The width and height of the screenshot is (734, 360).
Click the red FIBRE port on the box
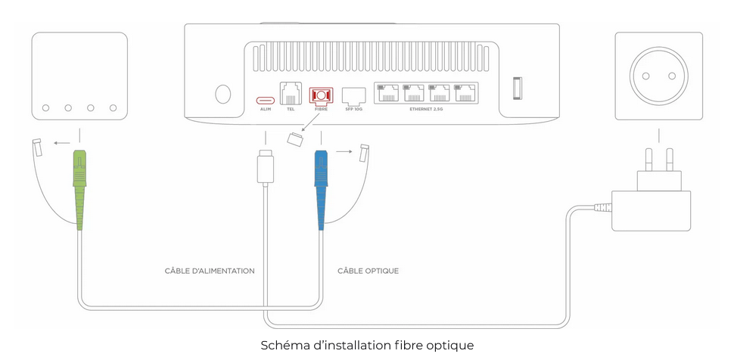point(321,97)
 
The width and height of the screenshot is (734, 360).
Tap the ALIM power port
point(265,99)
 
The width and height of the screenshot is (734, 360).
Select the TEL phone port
point(291,95)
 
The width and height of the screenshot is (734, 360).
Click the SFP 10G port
point(353,95)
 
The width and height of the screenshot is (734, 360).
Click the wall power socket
point(658,76)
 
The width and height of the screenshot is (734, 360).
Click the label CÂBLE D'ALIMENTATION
point(210,271)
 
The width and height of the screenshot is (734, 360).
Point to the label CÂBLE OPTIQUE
point(368,271)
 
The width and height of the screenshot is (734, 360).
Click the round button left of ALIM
point(223,94)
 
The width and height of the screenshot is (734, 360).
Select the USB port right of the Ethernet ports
point(518,87)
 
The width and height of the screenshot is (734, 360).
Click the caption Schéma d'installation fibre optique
point(367,346)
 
